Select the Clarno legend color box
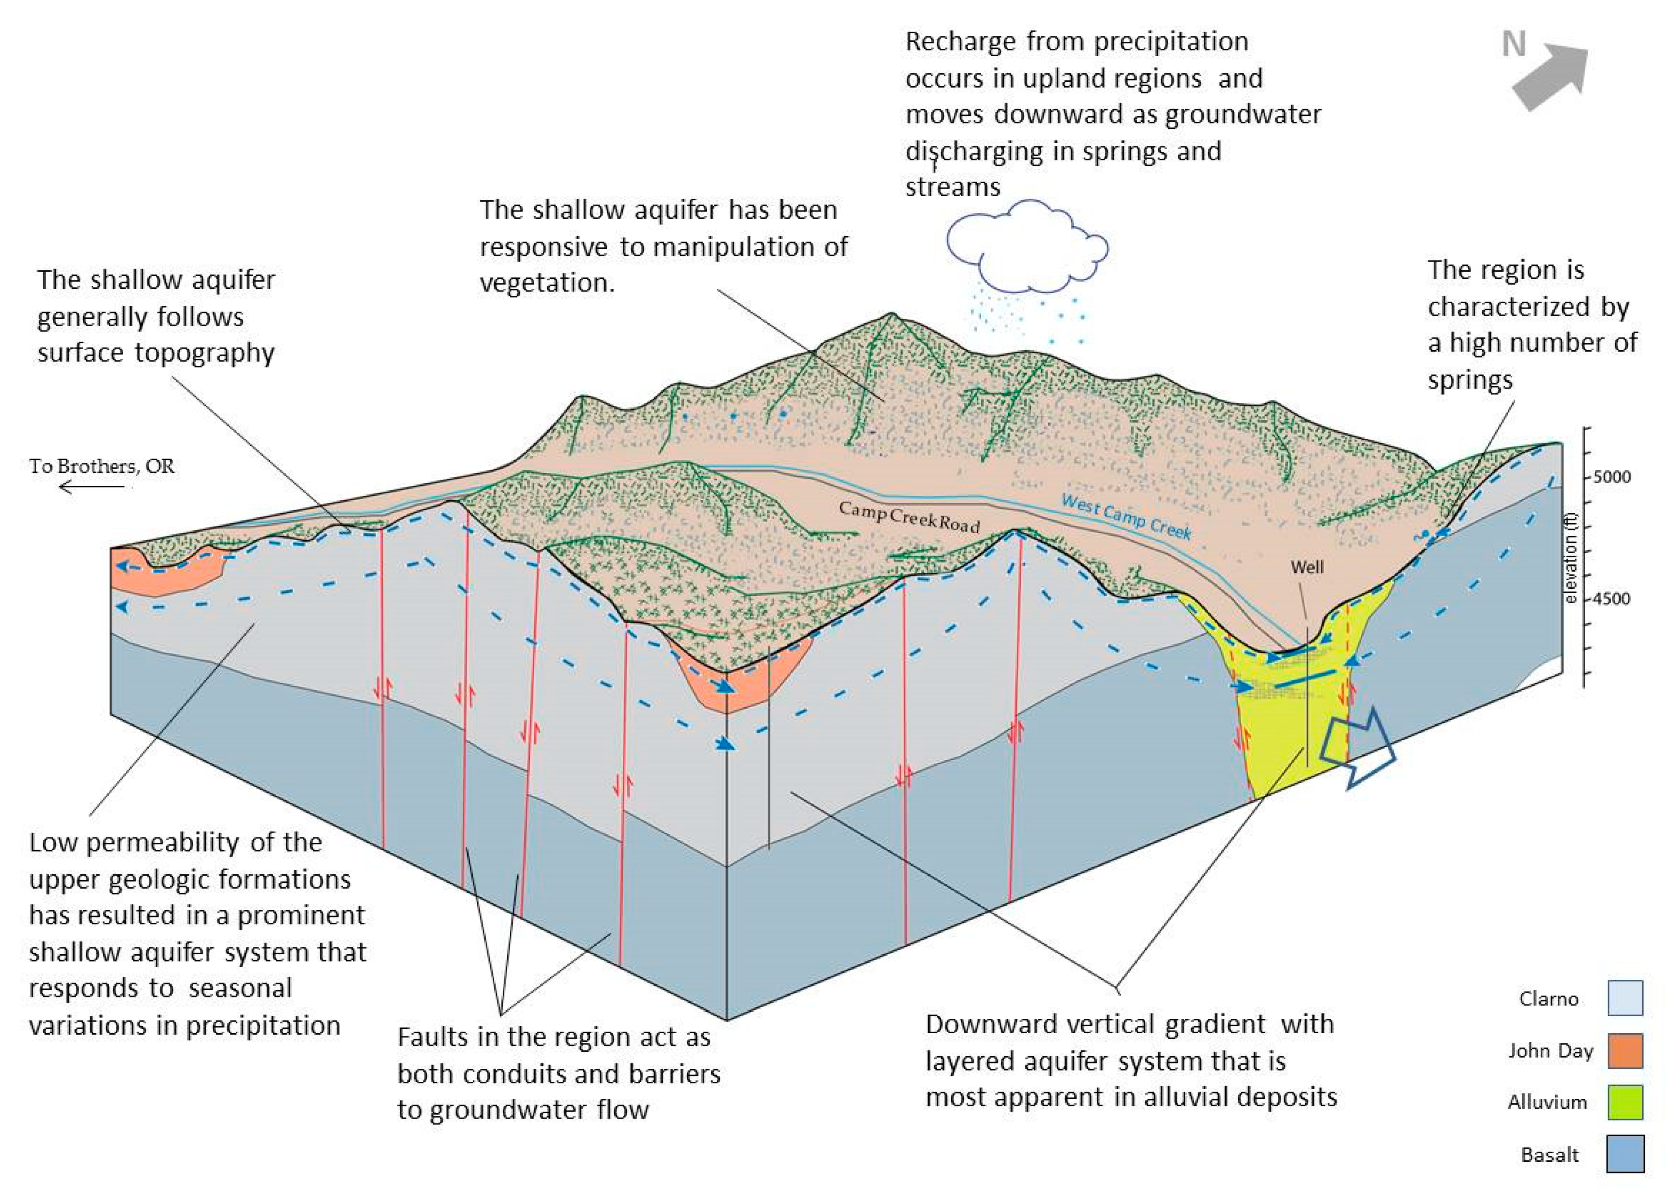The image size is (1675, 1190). tap(1625, 998)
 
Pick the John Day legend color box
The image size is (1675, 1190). tap(1625, 1051)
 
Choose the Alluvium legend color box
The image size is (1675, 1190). tap(1625, 1102)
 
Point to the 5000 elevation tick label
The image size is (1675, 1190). tap(1612, 477)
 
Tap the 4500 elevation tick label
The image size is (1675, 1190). tap(1612, 599)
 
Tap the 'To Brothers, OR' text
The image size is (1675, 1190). tap(102, 466)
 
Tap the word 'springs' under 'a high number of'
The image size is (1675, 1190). tap(1470, 380)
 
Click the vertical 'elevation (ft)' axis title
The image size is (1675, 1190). tap(1571, 568)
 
